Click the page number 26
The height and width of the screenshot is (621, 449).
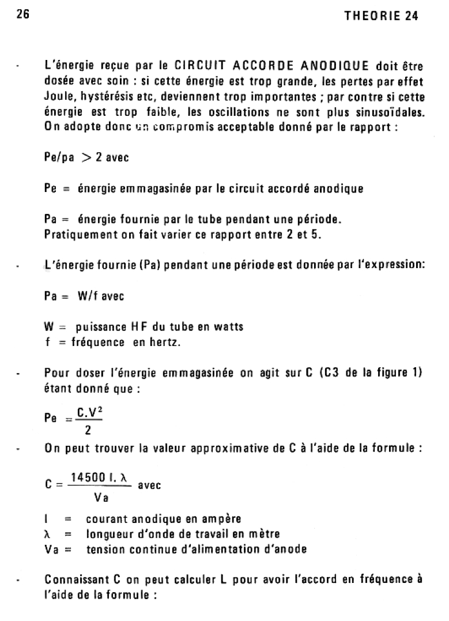[23, 16]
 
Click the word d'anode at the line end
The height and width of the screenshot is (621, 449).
[284, 550]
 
